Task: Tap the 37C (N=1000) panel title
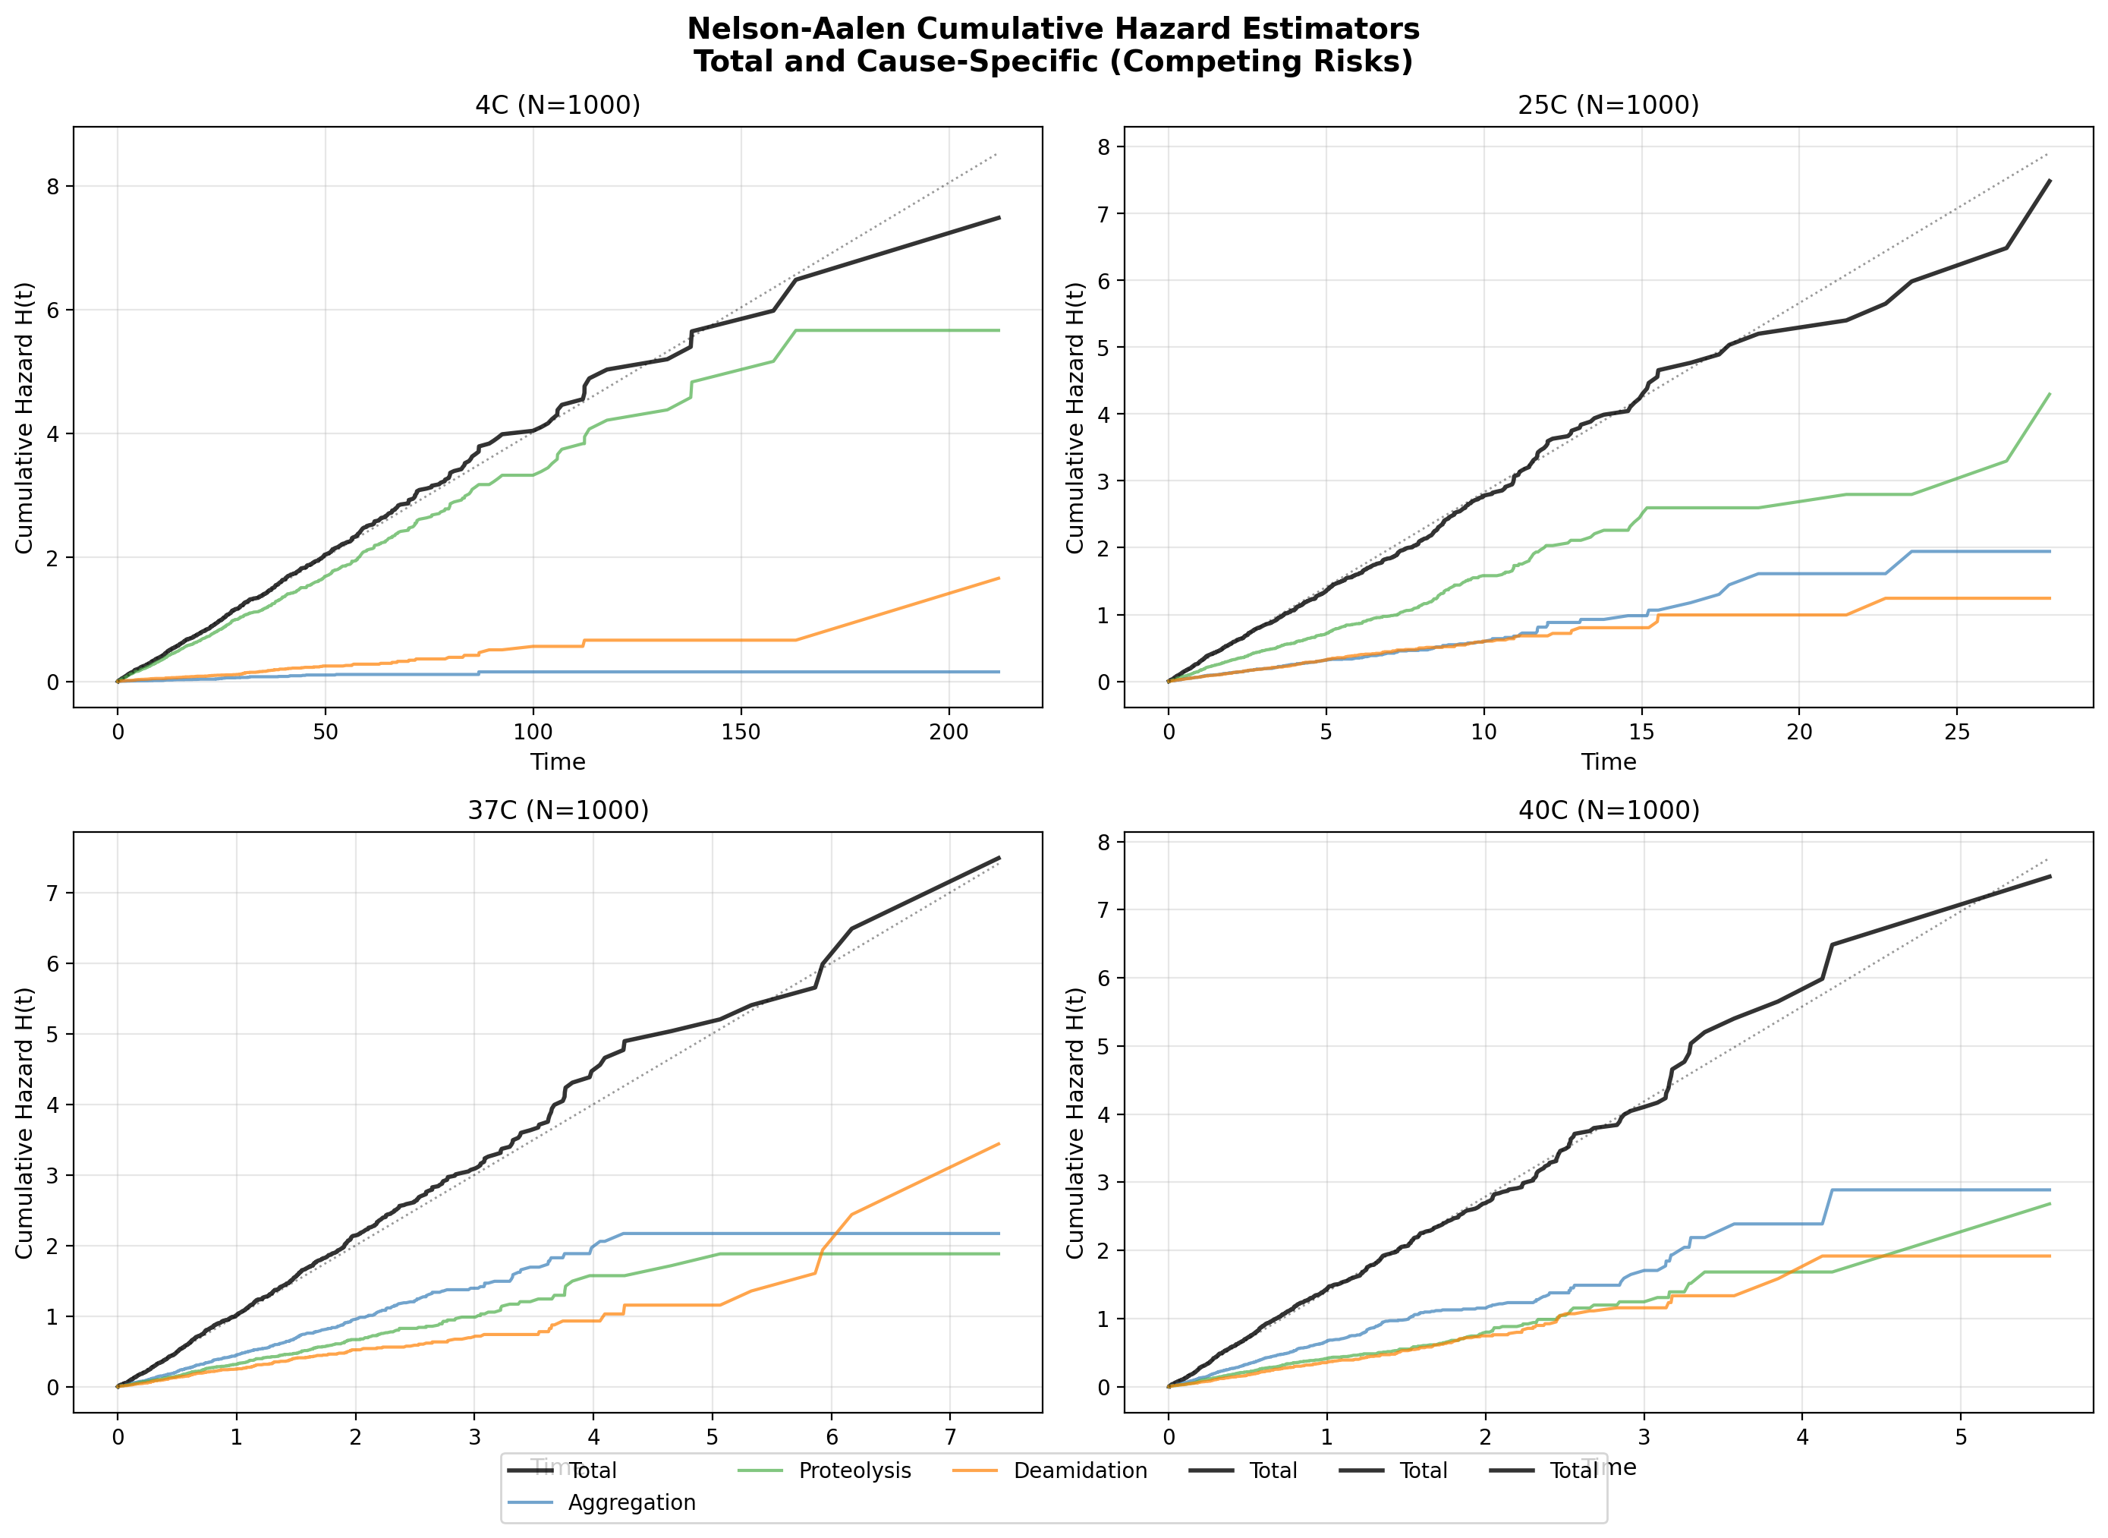[558, 810]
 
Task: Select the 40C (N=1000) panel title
[1607, 810]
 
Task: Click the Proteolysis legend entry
[854, 1470]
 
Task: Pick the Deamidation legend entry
[1079, 1470]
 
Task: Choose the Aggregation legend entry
[631, 1502]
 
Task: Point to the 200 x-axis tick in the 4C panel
[949, 732]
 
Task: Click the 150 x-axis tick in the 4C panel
[741, 732]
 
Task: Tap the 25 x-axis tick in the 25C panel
[1956, 732]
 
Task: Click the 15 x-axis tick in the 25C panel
[1641, 732]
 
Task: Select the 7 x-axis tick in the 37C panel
[950, 1436]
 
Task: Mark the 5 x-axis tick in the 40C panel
[1960, 1436]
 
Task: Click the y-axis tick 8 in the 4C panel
[52, 186]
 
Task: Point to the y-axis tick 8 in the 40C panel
[1104, 842]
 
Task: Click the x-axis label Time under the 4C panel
[558, 761]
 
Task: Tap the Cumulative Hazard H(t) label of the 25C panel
[1075, 417]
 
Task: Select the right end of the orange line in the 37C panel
[999, 1144]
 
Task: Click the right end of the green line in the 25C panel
[2050, 394]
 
